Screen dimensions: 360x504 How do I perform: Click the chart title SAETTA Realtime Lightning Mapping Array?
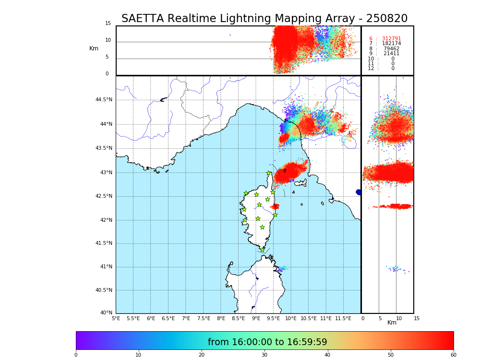264,19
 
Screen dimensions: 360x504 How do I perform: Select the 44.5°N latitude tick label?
104,100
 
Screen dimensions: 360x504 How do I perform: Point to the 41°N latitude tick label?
106,267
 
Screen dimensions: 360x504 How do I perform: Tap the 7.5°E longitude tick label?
204,319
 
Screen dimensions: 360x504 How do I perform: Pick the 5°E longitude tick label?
116,319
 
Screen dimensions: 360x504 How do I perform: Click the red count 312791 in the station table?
391,39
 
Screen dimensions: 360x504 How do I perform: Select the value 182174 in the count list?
391,44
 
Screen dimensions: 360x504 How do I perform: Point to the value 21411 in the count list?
391,54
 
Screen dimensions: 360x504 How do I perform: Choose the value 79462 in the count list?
391,49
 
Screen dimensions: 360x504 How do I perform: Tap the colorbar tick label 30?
264,355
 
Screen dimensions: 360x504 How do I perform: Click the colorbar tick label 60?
453,355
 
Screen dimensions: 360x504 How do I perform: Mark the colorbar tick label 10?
138,355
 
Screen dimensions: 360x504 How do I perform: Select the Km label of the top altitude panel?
94,48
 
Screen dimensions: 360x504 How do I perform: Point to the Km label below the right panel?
392,323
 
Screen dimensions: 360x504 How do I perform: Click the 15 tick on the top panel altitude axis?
108,24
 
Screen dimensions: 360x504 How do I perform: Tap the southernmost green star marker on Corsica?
262,250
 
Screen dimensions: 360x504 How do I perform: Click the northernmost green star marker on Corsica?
269,173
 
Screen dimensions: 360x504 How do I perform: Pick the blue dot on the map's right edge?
359,192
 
